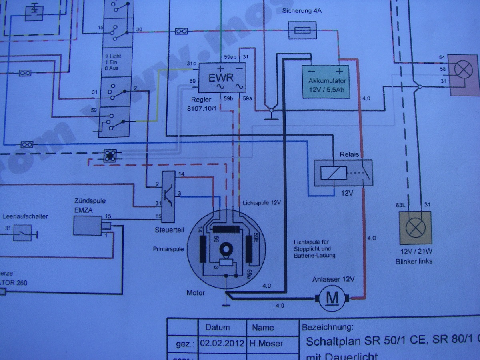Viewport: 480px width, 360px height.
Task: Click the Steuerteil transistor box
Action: click(168, 196)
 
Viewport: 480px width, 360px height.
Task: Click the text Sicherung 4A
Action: click(302, 11)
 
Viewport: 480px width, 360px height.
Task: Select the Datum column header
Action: click(218, 328)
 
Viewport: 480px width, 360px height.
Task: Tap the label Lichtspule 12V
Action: click(262, 203)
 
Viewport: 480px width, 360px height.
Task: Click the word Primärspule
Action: click(168, 248)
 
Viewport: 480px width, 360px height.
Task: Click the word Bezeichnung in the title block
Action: click(328, 328)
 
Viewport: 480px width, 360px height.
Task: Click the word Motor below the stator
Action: click(196, 293)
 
